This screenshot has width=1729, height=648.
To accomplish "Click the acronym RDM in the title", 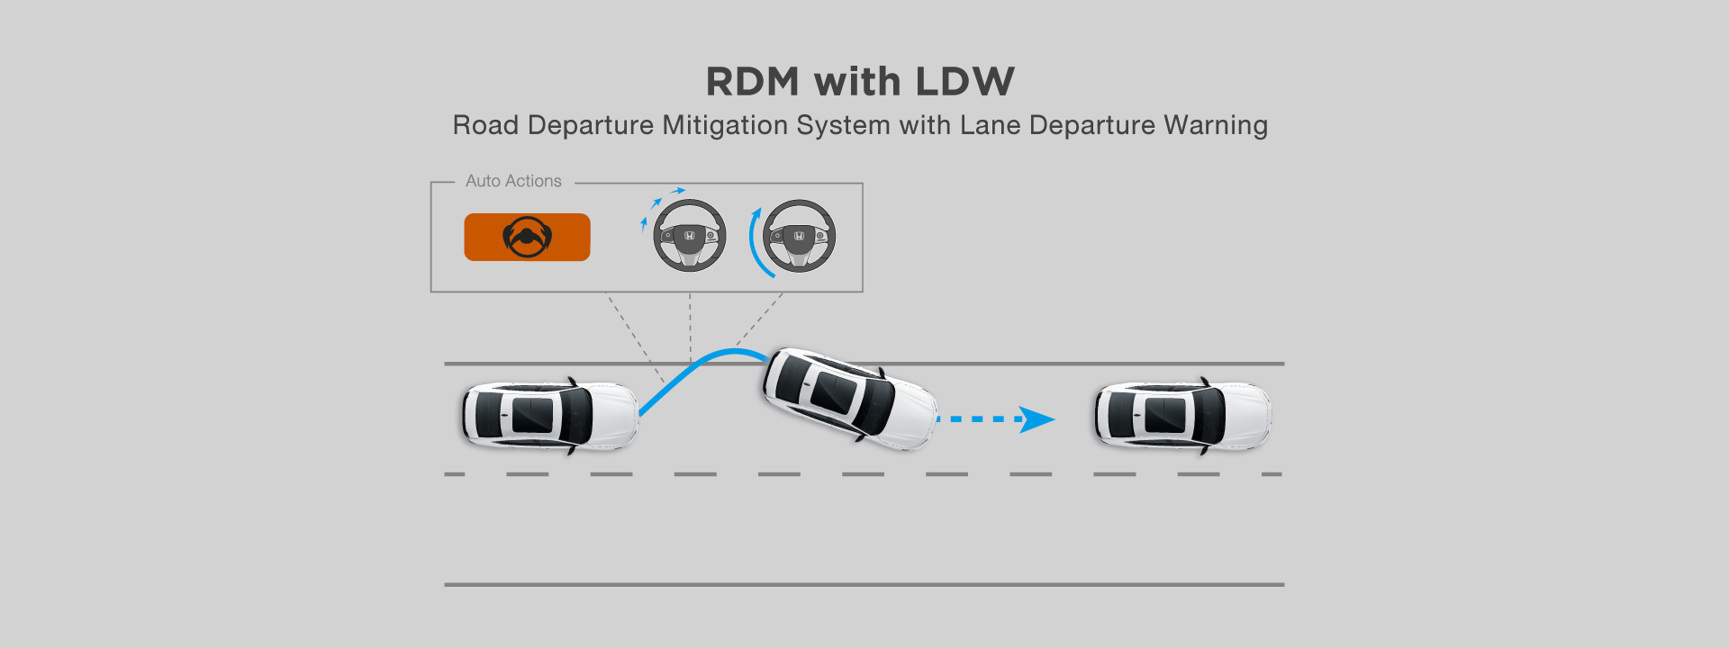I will (752, 82).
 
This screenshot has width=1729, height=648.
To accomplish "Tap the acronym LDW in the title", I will (964, 82).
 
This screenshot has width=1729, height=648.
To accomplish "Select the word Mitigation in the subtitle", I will (725, 125).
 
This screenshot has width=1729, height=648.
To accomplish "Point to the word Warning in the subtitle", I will (1215, 125).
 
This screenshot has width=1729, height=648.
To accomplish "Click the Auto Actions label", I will (513, 181).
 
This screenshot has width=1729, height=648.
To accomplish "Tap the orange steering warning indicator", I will (527, 238).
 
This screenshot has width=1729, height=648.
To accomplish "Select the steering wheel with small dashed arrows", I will (689, 236).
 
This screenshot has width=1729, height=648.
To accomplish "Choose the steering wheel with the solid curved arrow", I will (799, 236).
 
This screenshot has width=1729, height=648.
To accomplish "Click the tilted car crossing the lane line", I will (849, 399).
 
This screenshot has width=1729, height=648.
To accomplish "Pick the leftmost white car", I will (549, 416).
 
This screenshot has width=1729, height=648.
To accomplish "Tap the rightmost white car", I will (1181, 416).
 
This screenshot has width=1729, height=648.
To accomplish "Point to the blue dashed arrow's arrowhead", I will (1037, 419).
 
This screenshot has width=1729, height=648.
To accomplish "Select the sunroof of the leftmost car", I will (533, 416).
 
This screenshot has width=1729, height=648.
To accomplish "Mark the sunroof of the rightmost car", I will (1165, 416).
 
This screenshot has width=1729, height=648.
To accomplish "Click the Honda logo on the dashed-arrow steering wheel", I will (689, 236).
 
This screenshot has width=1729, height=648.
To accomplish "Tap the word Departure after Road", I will (591, 125).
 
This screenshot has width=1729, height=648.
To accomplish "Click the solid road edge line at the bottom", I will (864, 585).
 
